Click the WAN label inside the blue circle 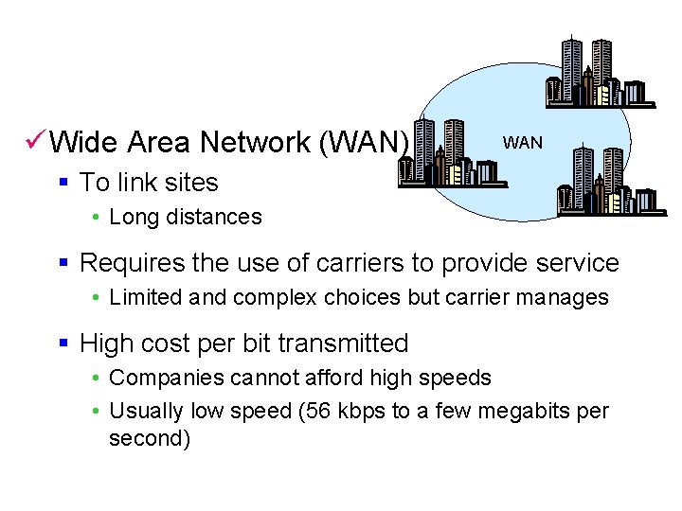[x=522, y=143]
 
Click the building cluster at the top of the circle [x=598, y=73]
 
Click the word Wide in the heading [x=83, y=143]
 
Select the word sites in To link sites [x=189, y=183]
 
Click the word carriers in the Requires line [x=383, y=263]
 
